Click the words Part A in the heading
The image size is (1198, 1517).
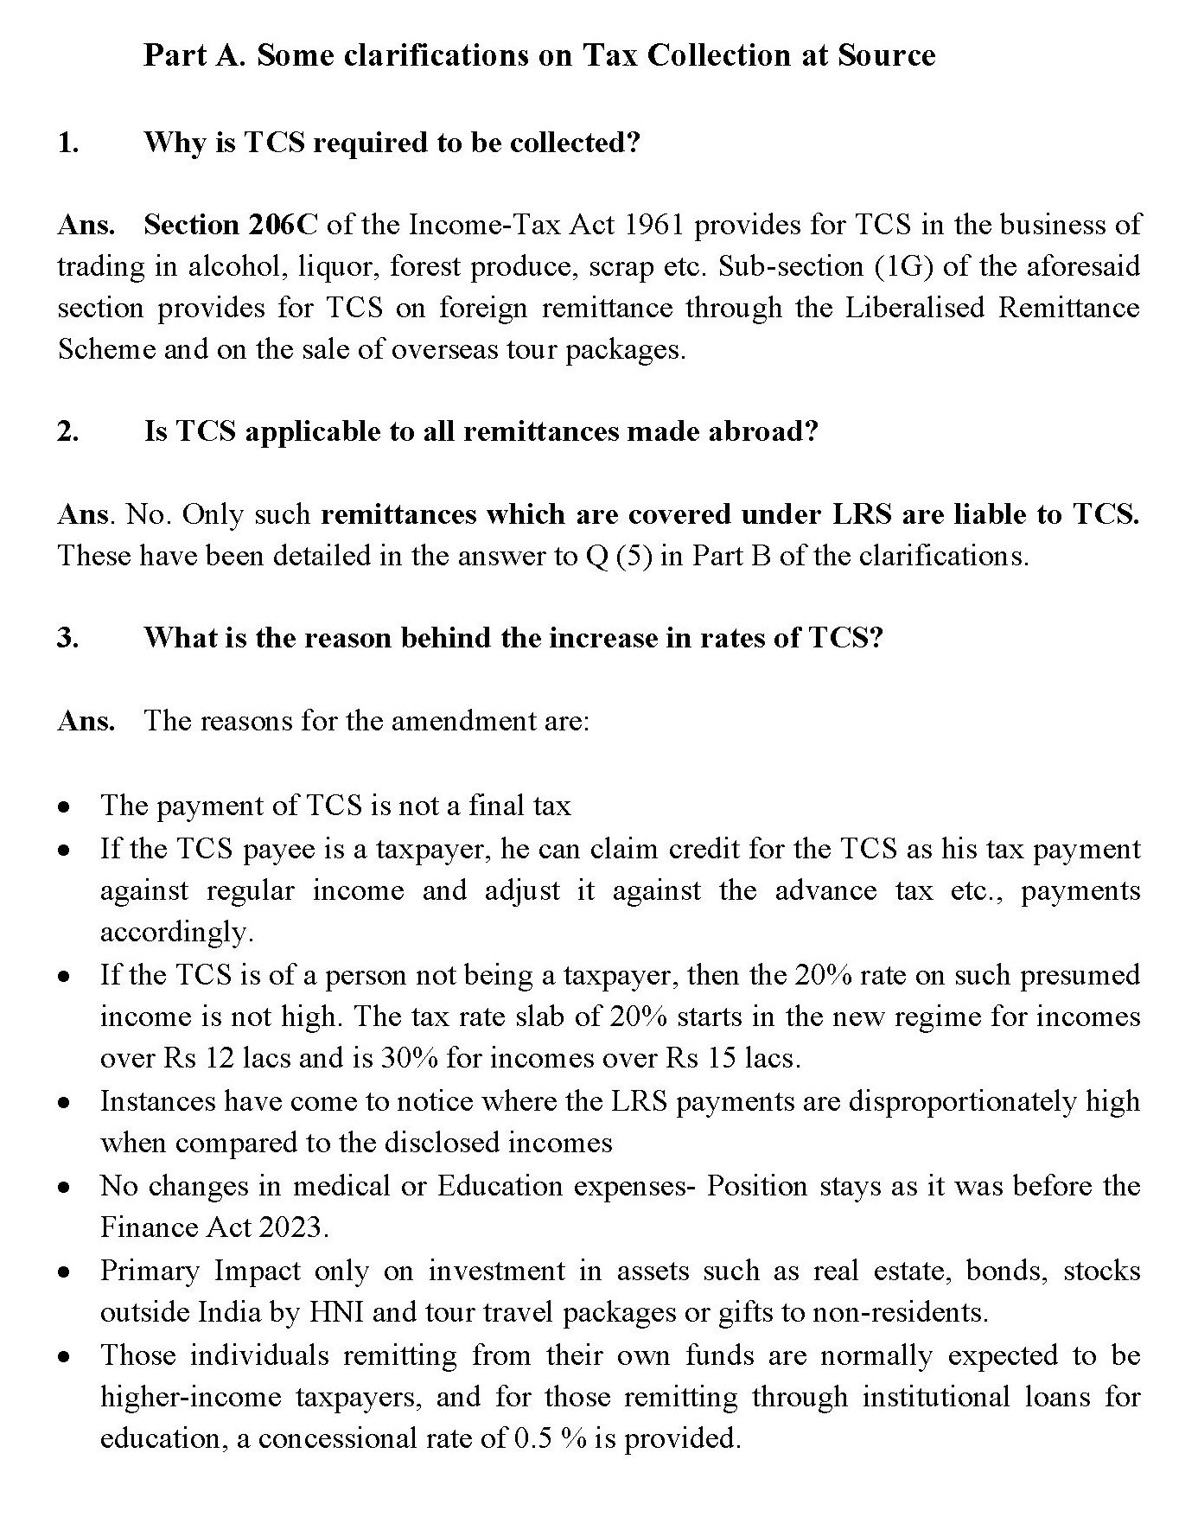(195, 55)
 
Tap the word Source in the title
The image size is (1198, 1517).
(886, 55)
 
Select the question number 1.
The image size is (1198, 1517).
(67, 143)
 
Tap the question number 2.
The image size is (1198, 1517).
(67, 431)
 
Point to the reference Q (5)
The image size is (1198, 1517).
(612, 556)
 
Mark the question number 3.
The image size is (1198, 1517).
(67, 638)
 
